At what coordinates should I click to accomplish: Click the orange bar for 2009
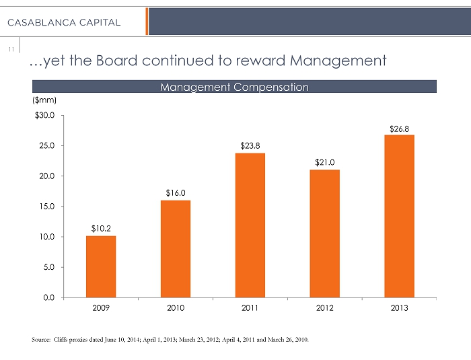tap(101, 266)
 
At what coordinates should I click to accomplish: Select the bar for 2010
tap(176, 248)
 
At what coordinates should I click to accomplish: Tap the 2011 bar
tap(250, 225)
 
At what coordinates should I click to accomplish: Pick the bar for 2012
tap(324, 233)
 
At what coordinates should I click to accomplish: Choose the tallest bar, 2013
tap(399, 215)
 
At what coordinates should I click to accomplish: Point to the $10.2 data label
tap(101, 229)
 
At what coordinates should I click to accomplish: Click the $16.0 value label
tap(176, 193)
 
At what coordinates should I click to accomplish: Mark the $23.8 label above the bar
tap(250, 145)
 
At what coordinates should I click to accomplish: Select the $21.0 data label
tap(324, 162)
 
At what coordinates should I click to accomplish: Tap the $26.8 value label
tap(399, 128)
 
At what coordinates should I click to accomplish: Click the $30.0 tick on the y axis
tap(46, 116)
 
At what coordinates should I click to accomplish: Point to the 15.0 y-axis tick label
tap(48, 207)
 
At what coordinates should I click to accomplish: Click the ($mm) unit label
tap(44, 100)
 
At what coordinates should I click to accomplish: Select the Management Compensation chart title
tap(234, 87)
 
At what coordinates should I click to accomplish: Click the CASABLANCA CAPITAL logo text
tap(64, 22)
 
